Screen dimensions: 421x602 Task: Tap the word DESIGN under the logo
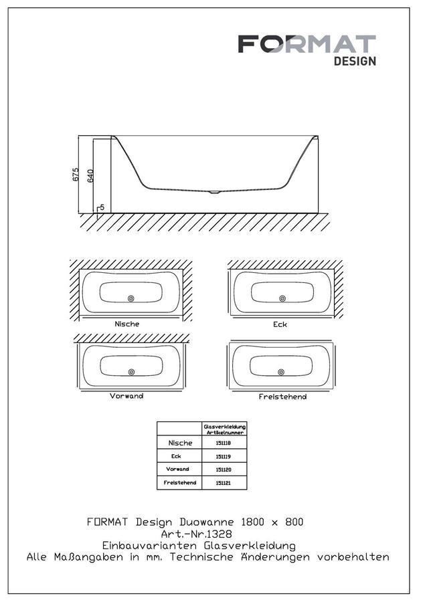(x=355, y=61)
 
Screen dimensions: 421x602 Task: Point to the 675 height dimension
(x=76, y=174)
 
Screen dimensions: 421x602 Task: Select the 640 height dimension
(x=90, y=176)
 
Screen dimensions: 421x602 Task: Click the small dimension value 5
(x=102, y=207)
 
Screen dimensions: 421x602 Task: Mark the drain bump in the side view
(x=214, y=191)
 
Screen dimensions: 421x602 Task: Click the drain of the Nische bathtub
(x=131, y=298)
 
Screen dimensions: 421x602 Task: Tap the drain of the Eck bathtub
(x=282, y=298)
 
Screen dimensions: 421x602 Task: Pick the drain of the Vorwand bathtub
(x=131, y=372)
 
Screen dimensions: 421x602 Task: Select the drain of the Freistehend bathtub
(x=281, y=372)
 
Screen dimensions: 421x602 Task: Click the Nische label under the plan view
(x=127, y=324)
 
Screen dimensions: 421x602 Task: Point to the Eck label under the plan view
(x=280, y=324)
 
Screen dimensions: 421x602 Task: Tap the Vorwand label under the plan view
(x=127, y=396)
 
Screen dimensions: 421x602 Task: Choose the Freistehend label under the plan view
(x=282, y=397)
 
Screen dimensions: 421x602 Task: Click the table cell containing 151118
(x=224, y=443)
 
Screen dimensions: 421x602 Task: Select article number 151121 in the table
(x=224, y=482)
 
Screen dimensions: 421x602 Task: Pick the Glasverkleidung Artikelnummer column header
(x=224, y=429)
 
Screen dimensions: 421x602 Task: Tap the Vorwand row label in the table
(x=177, y=469)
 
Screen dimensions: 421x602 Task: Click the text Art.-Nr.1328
(x=196, y=534)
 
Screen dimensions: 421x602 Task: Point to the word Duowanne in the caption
(x=206, y=522)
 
